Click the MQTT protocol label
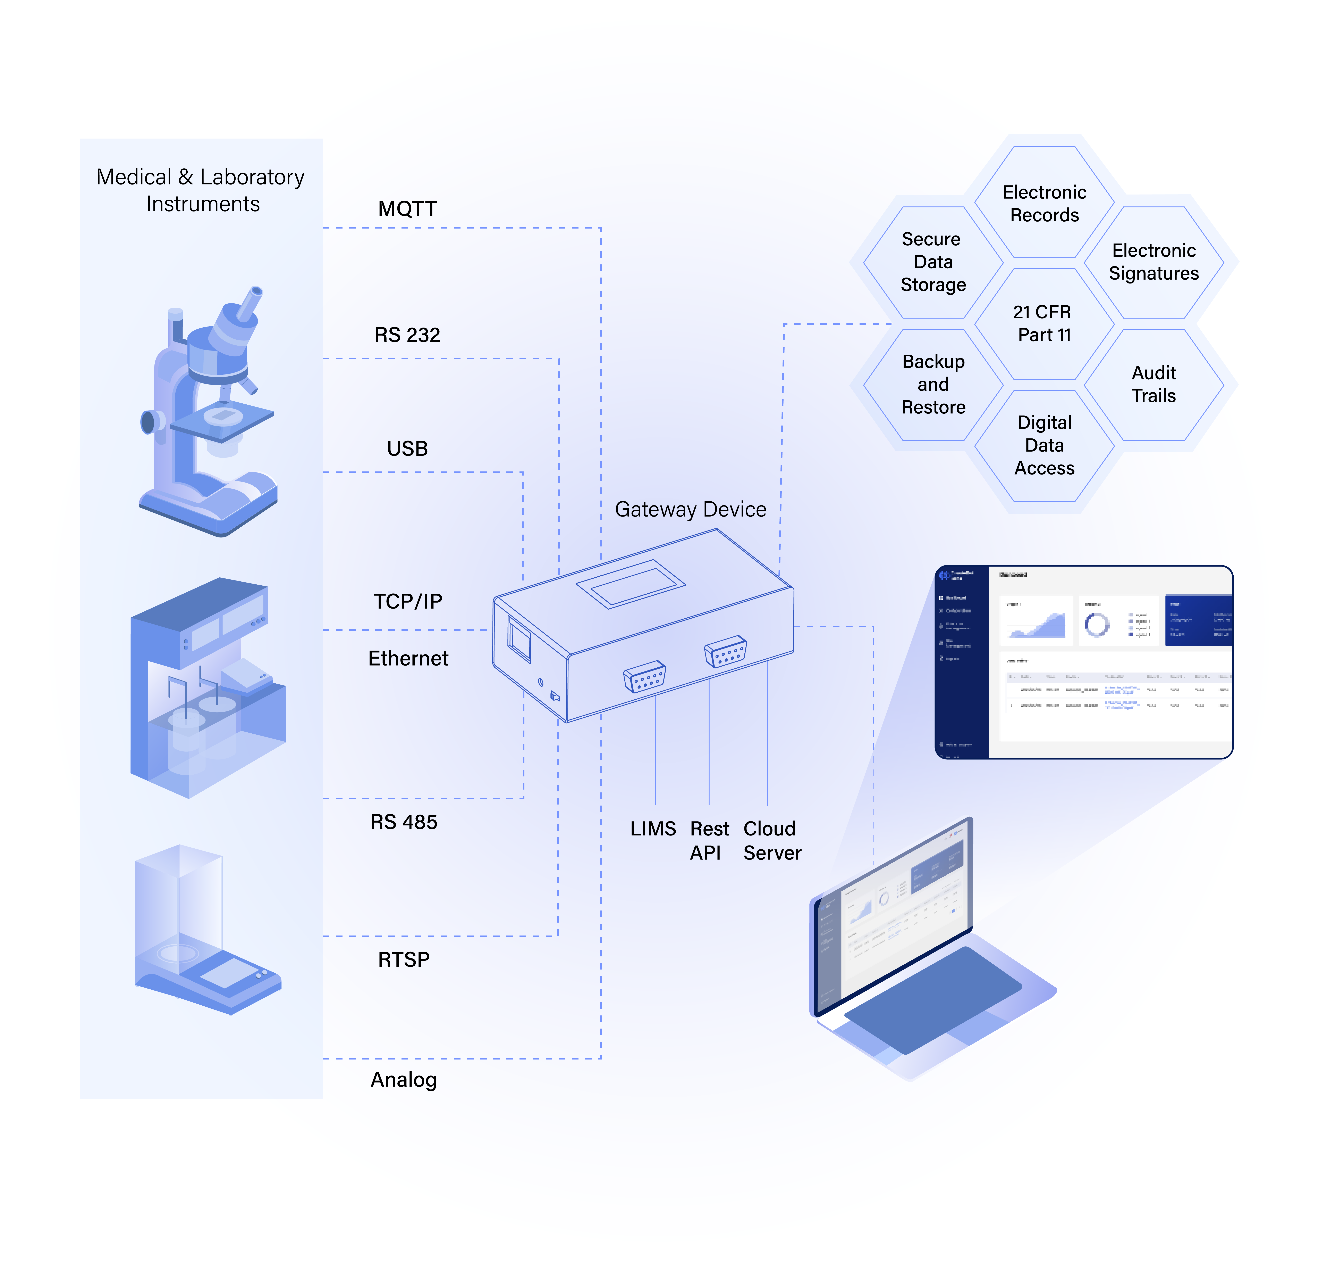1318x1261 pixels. [x=407, y=208]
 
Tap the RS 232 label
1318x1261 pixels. [x=407, y=335]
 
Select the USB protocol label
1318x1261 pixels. [x=407, y=448]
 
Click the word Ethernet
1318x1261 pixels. [x=408, y=658]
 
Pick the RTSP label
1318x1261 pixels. [x=404, y=959]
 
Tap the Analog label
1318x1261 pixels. [x=404, y=1080]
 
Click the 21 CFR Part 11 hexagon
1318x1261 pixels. [x=1043, y=323]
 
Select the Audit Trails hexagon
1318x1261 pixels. [x=1154, y=385]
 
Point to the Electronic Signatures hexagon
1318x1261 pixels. [x=1154, y=262]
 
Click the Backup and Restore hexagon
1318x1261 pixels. [x=933, y=385]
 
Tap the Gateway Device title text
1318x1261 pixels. [x=690, y=510]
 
